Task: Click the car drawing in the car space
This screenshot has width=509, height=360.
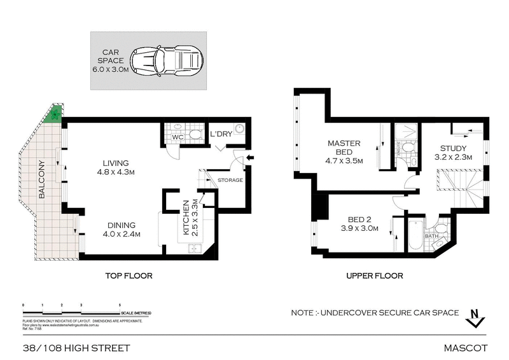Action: pos(169,60)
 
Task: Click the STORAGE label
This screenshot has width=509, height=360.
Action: pos(230,180)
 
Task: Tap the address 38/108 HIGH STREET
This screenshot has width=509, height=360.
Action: pos(76,348)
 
